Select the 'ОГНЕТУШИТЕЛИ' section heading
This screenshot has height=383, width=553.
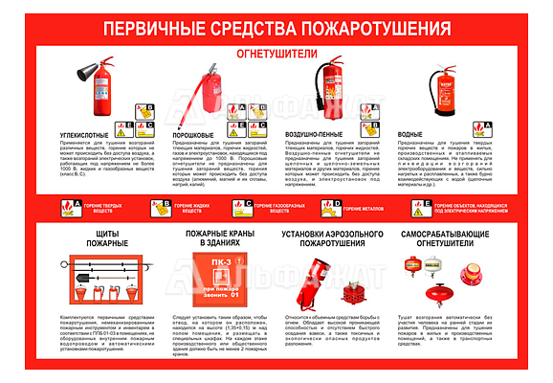(276, 55)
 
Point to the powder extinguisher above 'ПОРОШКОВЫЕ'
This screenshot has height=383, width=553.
(203, 91)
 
